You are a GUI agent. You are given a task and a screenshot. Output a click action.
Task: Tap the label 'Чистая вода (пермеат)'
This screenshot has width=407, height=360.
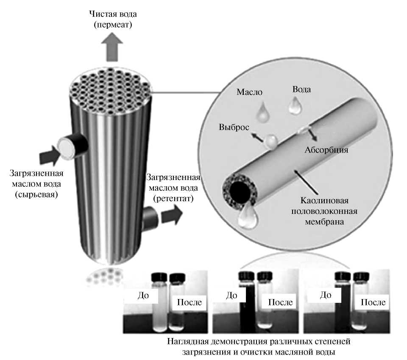(113, 19)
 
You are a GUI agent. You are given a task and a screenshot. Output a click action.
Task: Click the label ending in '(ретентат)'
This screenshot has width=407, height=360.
(173, 188)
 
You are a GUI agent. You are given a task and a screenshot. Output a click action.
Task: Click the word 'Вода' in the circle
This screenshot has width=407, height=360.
(301, 90)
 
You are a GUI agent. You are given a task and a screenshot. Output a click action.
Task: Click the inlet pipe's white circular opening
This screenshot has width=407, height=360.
(66, 149)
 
